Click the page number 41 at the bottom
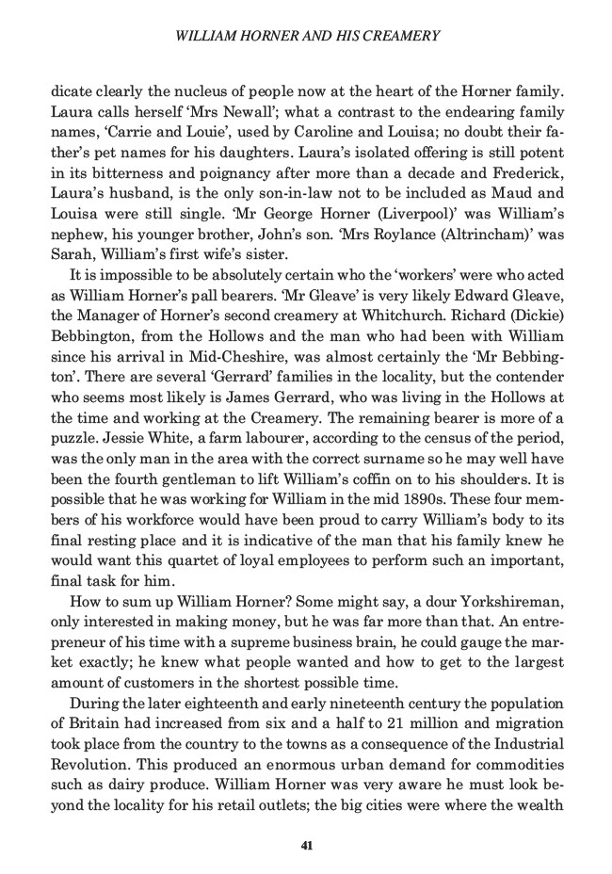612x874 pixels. tap(306, 844)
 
